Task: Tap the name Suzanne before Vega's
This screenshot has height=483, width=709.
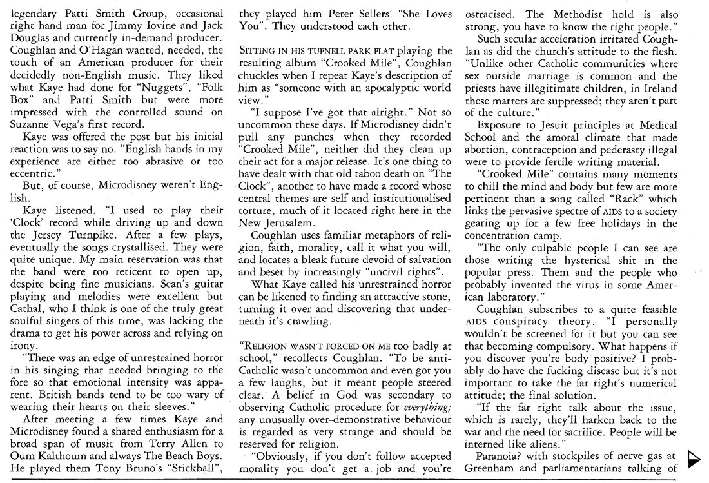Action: coord(33,125)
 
